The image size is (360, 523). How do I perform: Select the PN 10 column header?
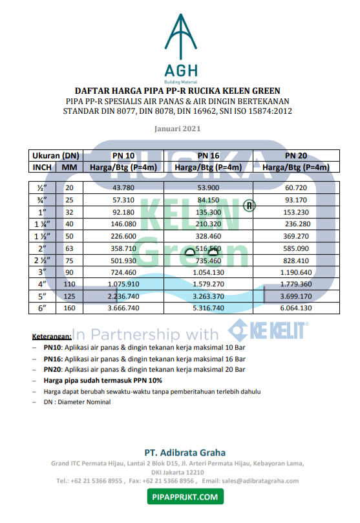(x=123, y=155)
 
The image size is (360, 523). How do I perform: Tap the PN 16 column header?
(x=208, y=155)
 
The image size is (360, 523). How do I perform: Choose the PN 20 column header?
(x=297, y=155)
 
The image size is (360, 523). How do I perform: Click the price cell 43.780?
(x=123, y=187)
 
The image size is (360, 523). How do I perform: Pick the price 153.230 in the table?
(x=297, y=211)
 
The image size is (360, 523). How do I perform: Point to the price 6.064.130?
(x=297, y=308)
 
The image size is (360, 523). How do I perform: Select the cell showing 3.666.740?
(x=123, y=308)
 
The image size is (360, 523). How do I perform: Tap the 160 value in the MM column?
(x=70, y=308)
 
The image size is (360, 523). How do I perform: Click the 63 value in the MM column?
(x=70, y=248)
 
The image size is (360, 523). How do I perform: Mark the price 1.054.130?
(x=208, y=272)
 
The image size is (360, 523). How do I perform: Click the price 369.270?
(x=297, y=236)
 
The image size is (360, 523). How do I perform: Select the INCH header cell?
(x=43, y=167)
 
